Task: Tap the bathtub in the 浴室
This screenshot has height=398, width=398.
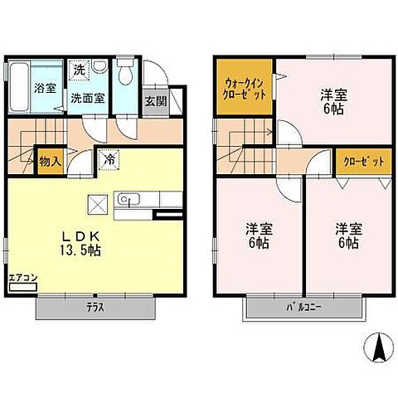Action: pyautogui.click(x=19, y=87)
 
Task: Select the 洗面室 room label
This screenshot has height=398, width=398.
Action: pyautogui.click(x=88, y=99)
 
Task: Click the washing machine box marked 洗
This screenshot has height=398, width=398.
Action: pyautogui.click(x=80, y=70)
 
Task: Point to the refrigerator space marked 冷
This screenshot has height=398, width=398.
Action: pyautogui.click(x=109, y=159)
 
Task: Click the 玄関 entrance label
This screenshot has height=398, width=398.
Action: pyautogui.click(x=156, y=101)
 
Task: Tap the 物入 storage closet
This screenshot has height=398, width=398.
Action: pyautogui.click(x=51, y=161)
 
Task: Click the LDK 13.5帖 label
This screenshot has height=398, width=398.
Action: pyautogui.click(x=80, y=243)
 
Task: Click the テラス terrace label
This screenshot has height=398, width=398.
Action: pyautogui.click(x=95, y=308)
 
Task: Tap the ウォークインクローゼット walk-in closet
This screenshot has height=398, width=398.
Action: pyautogui.click(x=244, y=86)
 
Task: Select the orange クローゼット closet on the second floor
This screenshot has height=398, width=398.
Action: pyautogui.click(x=364, y=163)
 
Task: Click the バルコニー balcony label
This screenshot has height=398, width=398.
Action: pyautogui.click(x=303, y=308)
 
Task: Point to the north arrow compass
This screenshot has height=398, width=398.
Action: pyautogui.click(x=379, y=347)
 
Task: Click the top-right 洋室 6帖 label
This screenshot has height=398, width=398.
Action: pyautogui.click(x=334, y=102)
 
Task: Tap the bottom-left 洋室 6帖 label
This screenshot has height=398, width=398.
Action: pyautogui.click(x=259, y=235)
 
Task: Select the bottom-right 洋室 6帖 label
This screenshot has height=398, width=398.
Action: pyautogui.click(x=349, y=235)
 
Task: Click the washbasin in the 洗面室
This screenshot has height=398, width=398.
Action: pyautogui.click(x=99, y=66)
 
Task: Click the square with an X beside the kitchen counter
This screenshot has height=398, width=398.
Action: pyautogui.click(x=98, y=205)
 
